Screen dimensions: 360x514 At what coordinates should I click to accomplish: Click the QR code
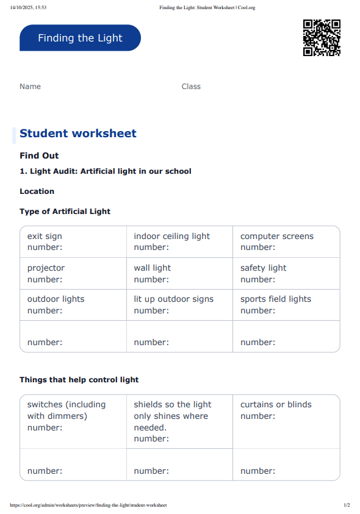322,38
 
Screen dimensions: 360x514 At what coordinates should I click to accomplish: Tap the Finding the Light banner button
80,38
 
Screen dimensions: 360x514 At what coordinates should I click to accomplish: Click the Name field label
30,87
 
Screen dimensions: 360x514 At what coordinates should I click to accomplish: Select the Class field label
191,87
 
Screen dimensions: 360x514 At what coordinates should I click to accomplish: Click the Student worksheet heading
78,134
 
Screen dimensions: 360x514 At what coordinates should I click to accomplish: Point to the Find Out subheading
39,155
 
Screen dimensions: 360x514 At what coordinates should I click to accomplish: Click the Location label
37,191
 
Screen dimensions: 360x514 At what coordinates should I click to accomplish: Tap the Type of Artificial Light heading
65,212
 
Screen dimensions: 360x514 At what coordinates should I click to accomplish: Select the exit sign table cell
73,241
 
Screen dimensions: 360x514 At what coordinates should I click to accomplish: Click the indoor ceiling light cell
179,241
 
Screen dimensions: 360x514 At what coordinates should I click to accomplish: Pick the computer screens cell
286,241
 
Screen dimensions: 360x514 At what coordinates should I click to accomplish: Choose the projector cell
73,273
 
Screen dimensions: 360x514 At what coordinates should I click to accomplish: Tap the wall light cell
179,273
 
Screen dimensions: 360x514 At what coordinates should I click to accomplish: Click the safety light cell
286,273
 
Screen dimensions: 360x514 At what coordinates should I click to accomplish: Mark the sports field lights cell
286,304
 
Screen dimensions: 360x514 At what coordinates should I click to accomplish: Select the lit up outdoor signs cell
179,304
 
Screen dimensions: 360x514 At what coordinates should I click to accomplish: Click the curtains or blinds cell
286,421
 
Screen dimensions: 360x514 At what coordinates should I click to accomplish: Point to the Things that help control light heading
79,380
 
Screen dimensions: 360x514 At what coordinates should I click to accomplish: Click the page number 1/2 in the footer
347,505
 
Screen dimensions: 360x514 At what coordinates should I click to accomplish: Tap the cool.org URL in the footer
88,505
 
